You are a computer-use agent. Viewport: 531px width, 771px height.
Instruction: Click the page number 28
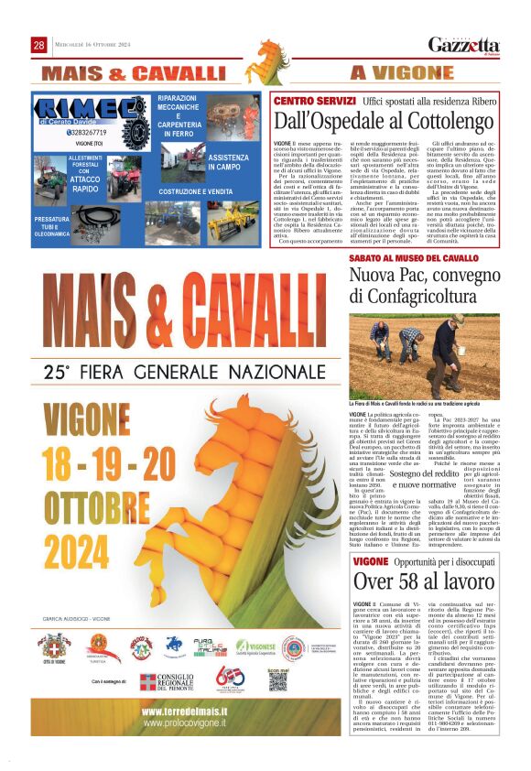click(39, 45)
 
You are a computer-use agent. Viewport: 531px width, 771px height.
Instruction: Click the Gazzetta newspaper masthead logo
click(464, 46)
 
